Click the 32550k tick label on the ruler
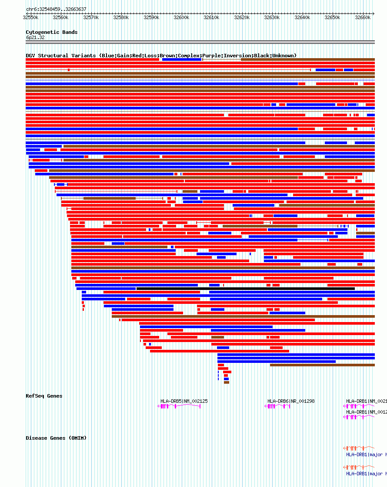tap(30, 17)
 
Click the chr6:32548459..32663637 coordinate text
tap(56, 9)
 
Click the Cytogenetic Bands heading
tap(51, 32)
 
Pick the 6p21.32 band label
tap(35, 38)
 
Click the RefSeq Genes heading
tap(44, 396)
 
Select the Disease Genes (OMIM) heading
tap(56, 438)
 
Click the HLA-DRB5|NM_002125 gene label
tap(184, 401)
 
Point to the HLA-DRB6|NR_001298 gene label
tap(290, 401)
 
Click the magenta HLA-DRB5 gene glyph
tap(179, 406)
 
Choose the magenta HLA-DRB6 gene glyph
tap(277, 406)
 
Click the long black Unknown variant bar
tap(245, 289)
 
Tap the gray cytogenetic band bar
tap(200, 42)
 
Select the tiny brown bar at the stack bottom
tap(227, 382)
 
